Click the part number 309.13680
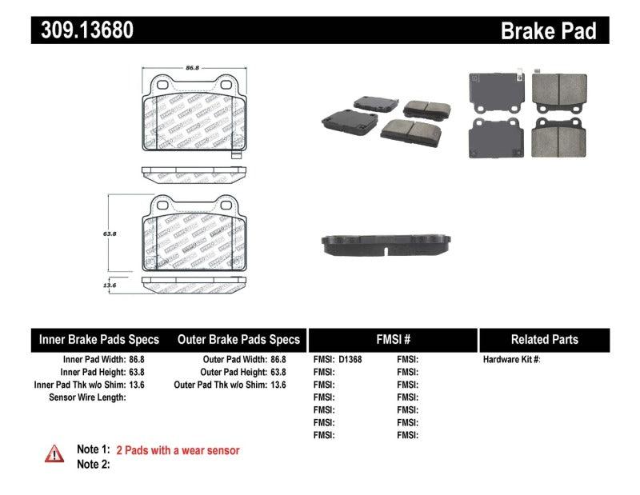tap(82, 30)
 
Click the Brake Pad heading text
tap(548, 31)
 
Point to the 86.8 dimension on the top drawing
tap(192, 69)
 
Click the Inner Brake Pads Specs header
tap(99, 340)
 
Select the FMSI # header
tap(392, 340)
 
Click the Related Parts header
tap(544, 340)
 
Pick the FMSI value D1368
tap(350, 360)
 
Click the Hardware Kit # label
tap(512, 360)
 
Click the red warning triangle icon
tap(54, 453)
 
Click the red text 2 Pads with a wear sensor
tap(178, 450)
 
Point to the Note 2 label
tap(93, 464)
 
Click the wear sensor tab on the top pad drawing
tap(236, 154)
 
